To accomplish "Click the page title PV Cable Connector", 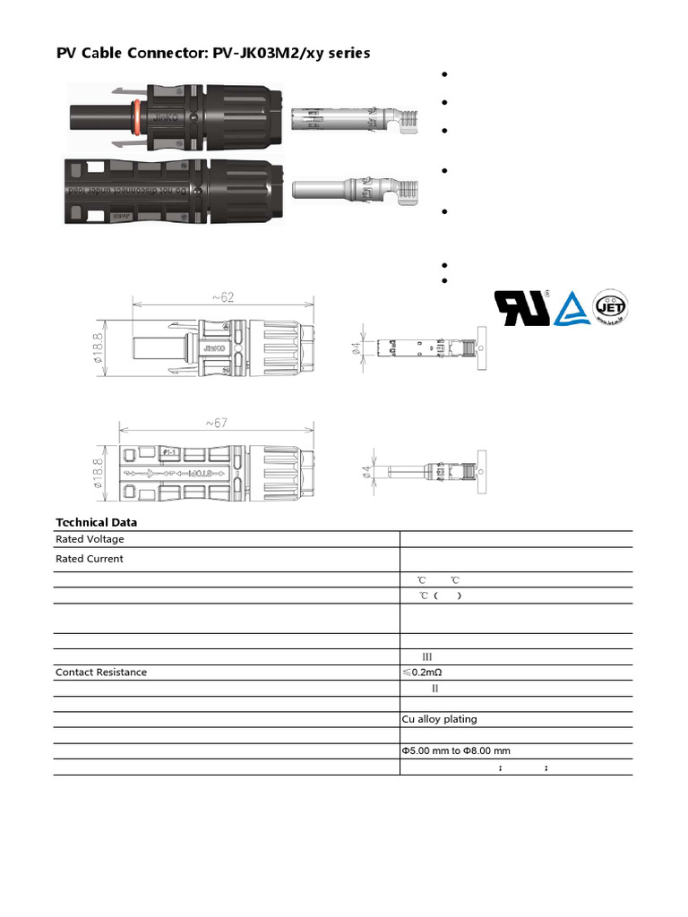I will point(213,54).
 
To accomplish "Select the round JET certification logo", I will point(611,307).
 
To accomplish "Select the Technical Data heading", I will point(97,522).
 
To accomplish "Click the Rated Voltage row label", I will point(90,539).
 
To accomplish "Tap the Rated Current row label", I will point(90,559).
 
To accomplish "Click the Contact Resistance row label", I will point(101,672).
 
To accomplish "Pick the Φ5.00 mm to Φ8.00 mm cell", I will point(455,750).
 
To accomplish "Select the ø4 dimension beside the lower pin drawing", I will point(368,470).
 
